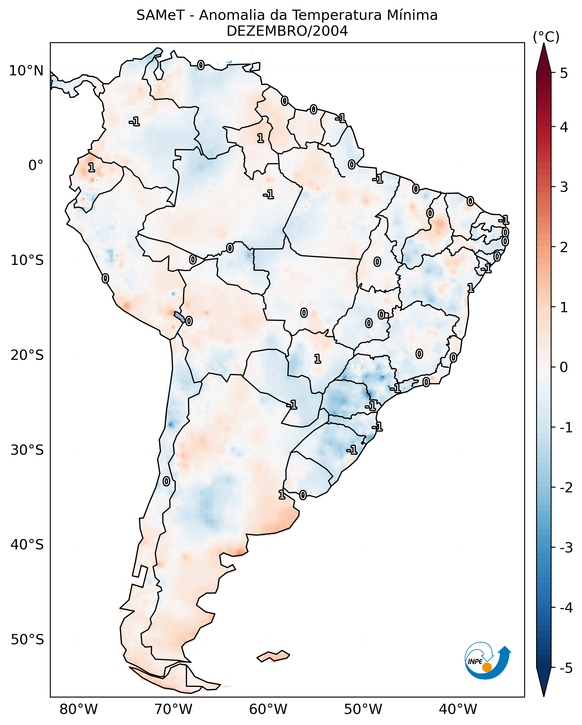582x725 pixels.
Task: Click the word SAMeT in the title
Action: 160,16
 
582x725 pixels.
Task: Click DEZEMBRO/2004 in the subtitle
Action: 287,31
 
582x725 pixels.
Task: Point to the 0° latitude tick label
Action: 36,165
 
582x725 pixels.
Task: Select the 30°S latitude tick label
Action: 27,450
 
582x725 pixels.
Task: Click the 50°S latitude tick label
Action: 27,640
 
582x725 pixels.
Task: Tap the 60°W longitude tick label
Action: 268,709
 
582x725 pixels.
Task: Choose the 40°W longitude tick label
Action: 458,709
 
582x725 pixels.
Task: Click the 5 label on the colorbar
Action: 564,73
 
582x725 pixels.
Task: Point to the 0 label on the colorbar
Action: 564,367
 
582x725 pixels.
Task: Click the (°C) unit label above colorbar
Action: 546,37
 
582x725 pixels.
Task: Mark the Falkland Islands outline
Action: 273,656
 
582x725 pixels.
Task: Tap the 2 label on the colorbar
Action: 564,247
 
